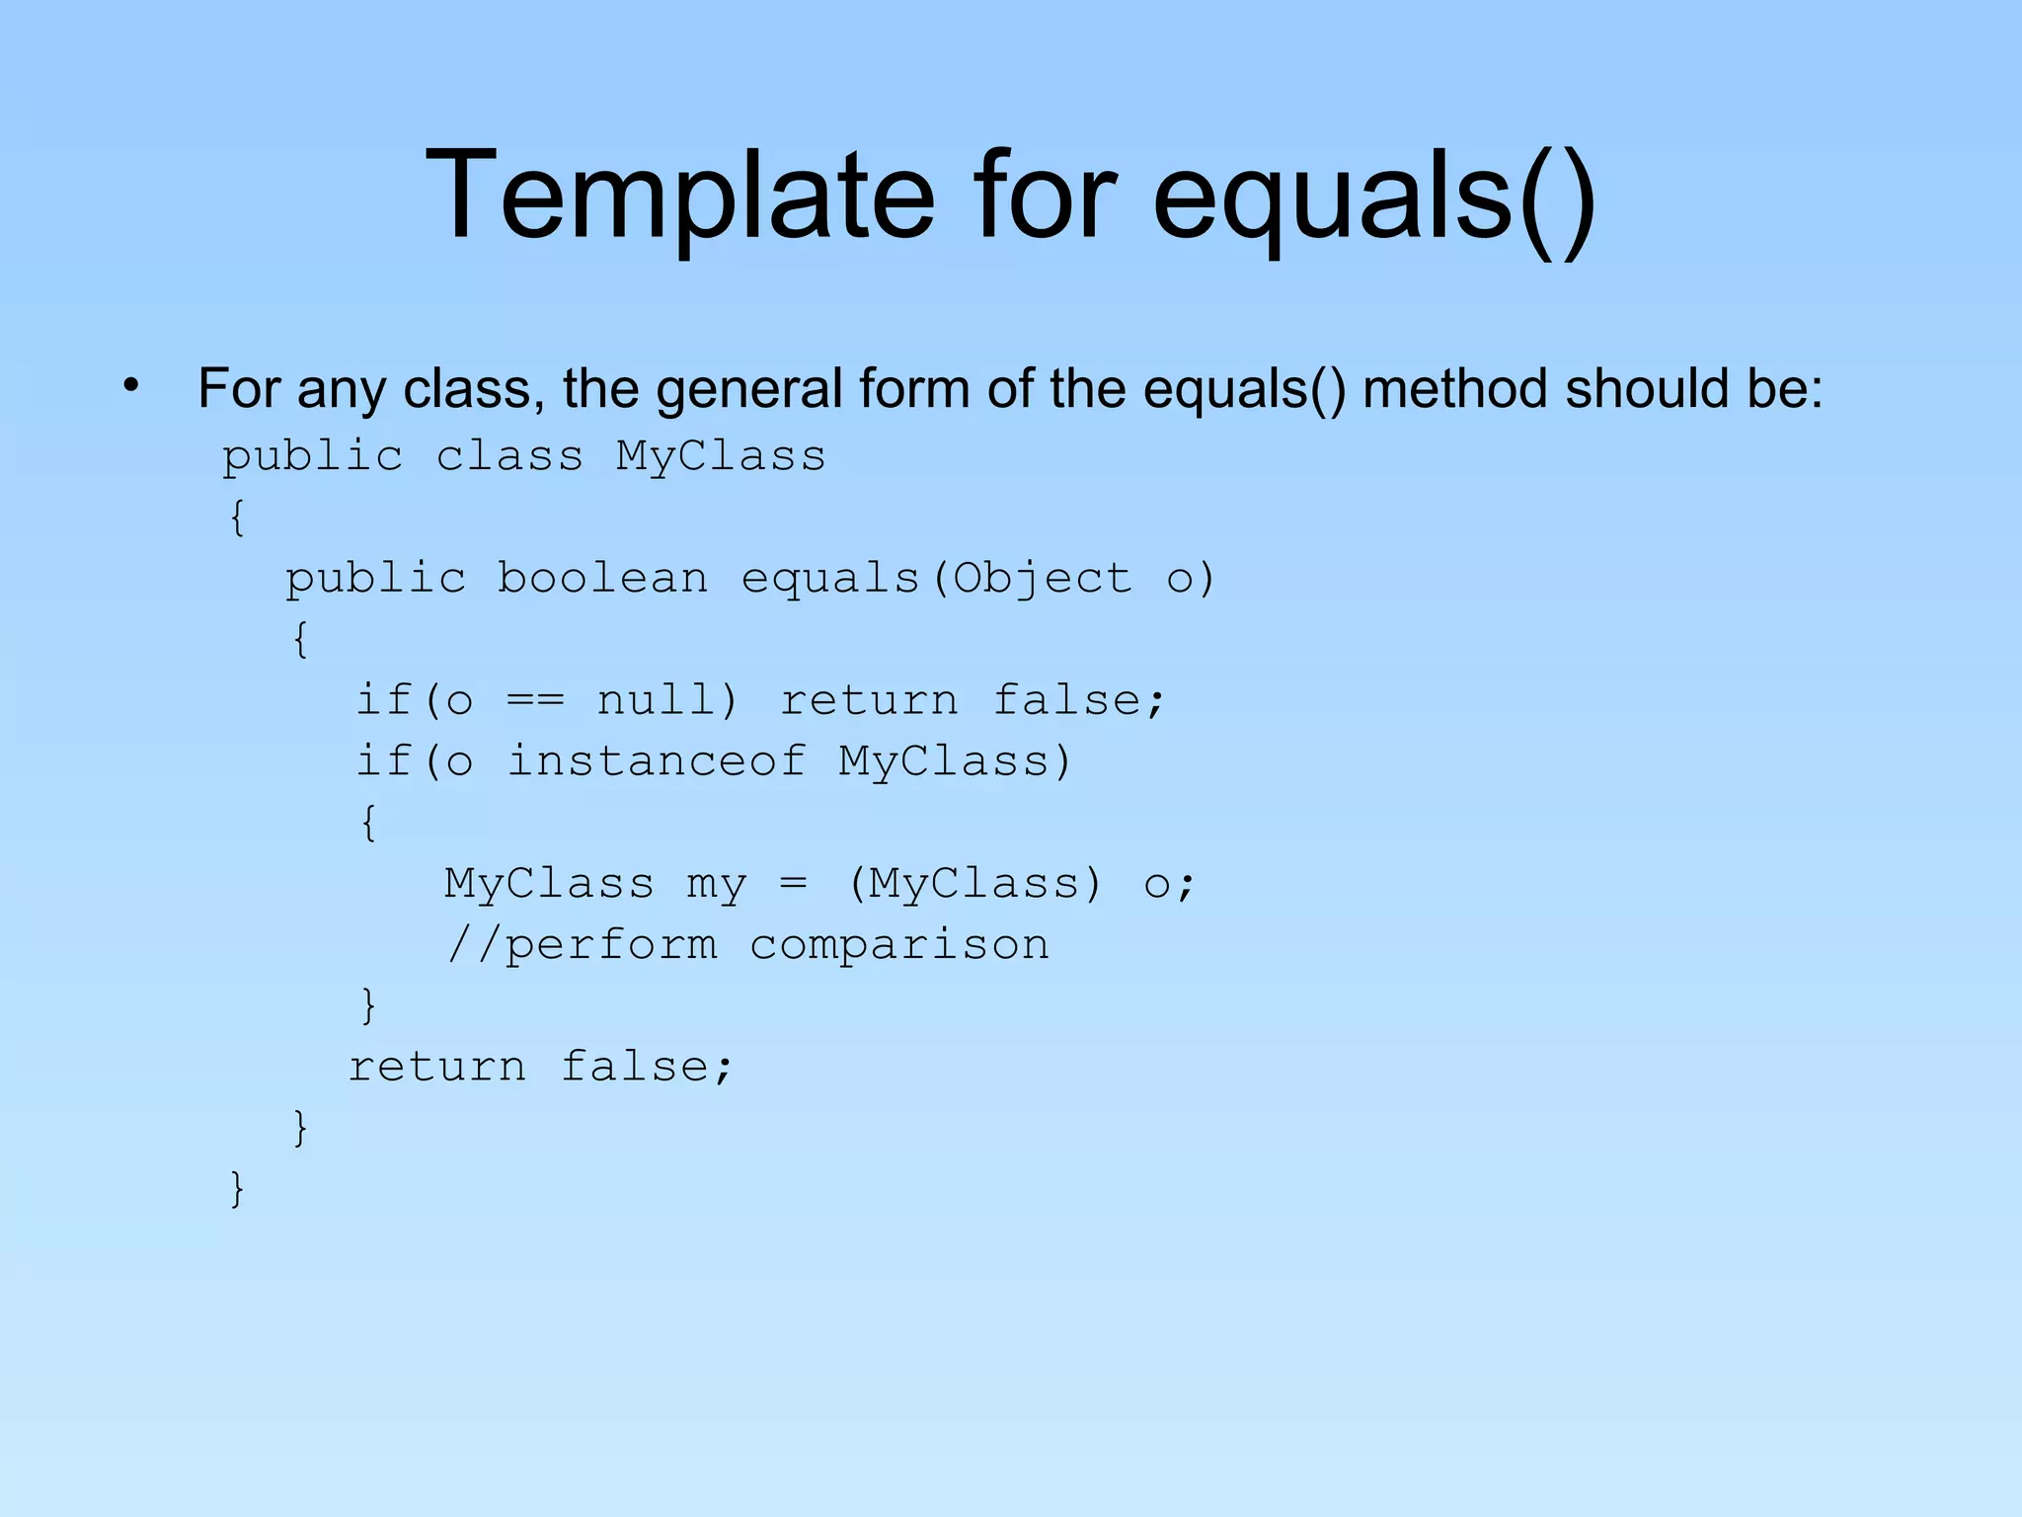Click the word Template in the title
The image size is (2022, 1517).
[679, 195]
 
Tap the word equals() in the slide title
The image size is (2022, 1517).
[1373, 195]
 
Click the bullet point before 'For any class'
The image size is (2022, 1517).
[132, 386]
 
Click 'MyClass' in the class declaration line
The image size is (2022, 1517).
[721, 456]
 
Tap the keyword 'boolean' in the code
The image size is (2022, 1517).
[602, 579]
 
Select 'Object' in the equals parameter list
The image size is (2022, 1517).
[1042, 579]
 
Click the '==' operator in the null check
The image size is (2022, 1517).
[535, 701]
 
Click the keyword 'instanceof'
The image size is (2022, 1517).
[657, 761]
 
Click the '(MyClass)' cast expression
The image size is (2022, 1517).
[974, 884]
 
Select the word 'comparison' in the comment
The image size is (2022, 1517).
[899, 945]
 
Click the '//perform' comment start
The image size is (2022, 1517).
[583, 945]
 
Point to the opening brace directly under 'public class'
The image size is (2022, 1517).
[237, 518]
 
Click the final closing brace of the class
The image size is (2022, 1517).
[237, 1189]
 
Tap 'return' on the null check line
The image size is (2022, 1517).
[869, 700]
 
